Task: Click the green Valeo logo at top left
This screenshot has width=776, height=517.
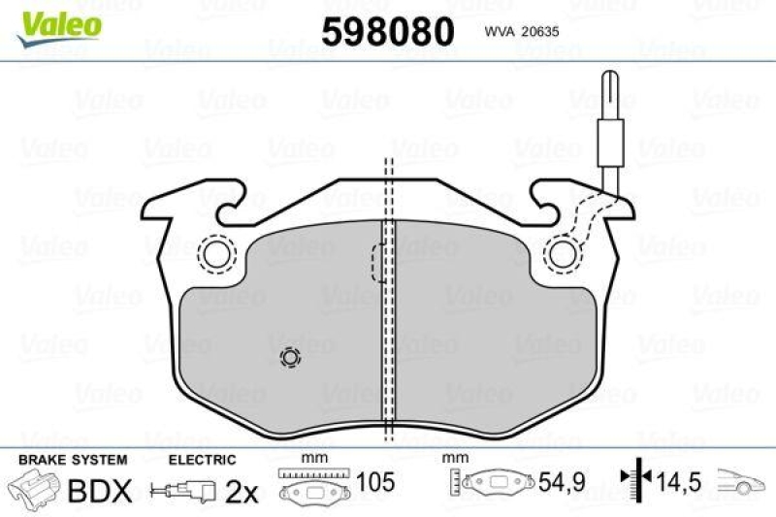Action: tap(60, 22)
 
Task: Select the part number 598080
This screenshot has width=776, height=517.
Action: tap(387, 32)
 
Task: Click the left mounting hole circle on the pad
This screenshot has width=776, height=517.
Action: tap(216, 254)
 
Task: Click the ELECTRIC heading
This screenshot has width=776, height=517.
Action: tap(202, 459)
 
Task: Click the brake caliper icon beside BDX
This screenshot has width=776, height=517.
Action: tap(34, 489)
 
